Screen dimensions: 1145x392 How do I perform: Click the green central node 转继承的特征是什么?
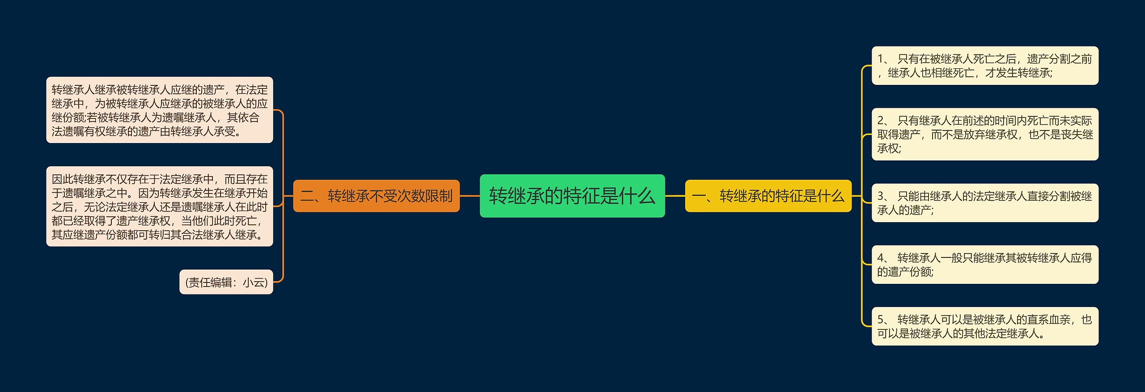click(x=572, y=196)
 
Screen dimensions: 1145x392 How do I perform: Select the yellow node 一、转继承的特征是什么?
click(x=768, y=196)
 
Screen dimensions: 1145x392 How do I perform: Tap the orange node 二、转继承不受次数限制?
click(x=376, y=196)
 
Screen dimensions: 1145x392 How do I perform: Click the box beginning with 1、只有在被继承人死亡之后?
click(x=984, y=66)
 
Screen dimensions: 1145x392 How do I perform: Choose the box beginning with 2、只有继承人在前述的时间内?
click(x=984, y=134)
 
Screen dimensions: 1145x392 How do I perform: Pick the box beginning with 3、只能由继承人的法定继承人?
click(x=984, y=203)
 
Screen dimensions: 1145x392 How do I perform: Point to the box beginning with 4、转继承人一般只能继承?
click(x=984, y=265)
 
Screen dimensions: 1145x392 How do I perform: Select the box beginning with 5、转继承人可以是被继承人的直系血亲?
click(x=984, y=326)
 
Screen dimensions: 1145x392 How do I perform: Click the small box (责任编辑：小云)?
click(x=226, y=282)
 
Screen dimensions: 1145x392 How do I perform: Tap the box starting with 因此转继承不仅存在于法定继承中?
click(x=159, y=207)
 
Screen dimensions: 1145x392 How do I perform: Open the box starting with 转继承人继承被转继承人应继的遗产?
click(x=159, y=110)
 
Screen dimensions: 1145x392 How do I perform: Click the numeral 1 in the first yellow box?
click(x=880, y=59)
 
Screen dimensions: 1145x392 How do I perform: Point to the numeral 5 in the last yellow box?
click(x=880, y=320)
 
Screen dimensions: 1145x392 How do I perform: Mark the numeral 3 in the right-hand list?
click(x=880, y=196)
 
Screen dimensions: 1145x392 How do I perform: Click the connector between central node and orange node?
click(x=470, y=196)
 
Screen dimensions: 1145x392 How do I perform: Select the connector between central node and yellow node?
click(x=675, y=196)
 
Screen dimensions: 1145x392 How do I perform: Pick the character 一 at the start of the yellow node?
click(x=699, y=196)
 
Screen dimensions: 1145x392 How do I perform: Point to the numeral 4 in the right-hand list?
click(x=880, y=258)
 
